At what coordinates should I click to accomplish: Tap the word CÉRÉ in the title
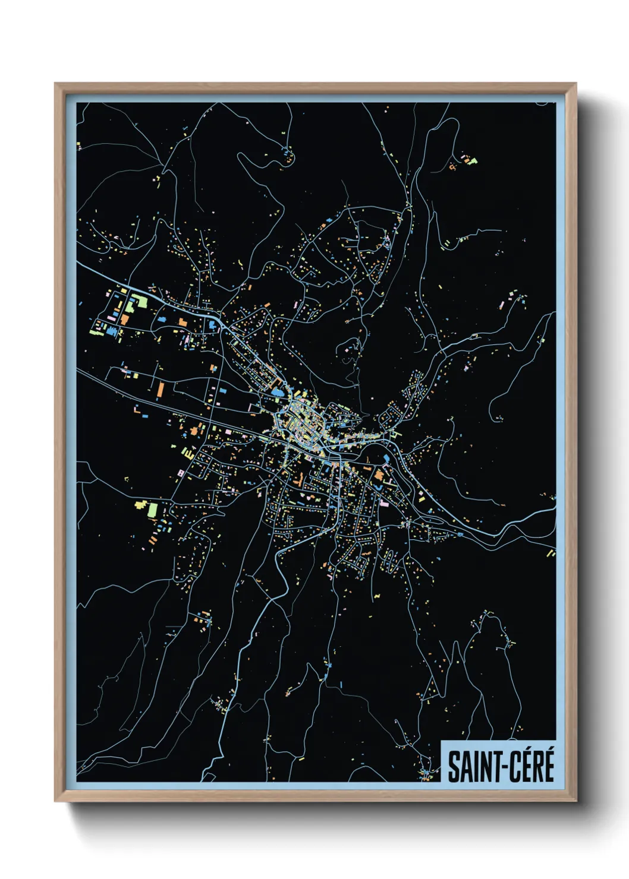529,766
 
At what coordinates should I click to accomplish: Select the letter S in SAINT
453,767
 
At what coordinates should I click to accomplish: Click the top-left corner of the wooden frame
56,84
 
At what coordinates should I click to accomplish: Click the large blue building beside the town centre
276,393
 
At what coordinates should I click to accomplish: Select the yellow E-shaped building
188,453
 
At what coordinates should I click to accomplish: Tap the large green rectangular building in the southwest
153,510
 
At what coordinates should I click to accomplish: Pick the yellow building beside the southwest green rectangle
141,505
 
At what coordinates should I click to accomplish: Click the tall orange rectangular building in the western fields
161,390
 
